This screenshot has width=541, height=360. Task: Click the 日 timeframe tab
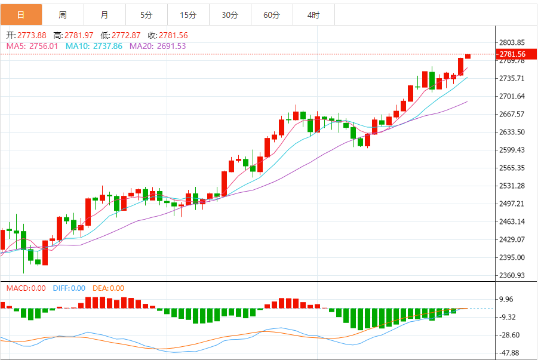[21, 15]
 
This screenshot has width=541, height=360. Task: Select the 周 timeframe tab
[63, 15]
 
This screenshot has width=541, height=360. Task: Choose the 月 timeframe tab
[104, 15]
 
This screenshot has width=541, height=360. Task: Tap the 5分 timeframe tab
[146, 15]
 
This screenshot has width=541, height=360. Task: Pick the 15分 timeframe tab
[188, 15]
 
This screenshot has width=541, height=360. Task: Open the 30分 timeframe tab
[230, 15]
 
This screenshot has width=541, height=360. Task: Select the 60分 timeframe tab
[272, 15]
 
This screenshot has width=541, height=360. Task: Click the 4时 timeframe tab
[313, 15]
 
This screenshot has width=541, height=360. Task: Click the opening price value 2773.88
[32, 36]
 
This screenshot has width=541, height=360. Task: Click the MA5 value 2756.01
[41, 46]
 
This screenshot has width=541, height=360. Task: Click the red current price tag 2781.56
[512, 54]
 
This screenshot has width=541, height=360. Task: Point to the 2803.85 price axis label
[512, 42]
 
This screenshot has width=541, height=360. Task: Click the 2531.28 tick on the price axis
[512, 186]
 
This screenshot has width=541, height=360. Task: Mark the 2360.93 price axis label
[512, 275]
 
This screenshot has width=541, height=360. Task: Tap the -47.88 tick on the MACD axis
[511, 353]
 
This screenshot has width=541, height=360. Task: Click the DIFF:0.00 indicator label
[69, 288]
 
